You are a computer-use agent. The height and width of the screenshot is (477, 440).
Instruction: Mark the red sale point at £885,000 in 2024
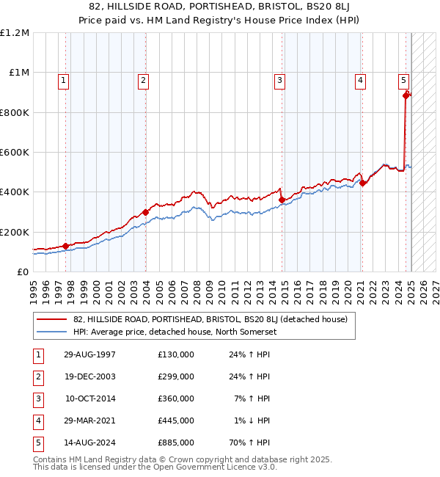(406, 95)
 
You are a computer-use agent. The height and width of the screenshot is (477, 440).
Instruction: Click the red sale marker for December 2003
(145, 212)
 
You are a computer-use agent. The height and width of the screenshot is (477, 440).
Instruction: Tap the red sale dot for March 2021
(363, 183)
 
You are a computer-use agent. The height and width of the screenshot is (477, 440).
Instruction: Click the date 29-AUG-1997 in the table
(89, 355)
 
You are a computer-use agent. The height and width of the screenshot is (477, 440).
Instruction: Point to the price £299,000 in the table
(176, 376)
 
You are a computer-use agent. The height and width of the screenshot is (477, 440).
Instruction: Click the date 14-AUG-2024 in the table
(89, 443)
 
